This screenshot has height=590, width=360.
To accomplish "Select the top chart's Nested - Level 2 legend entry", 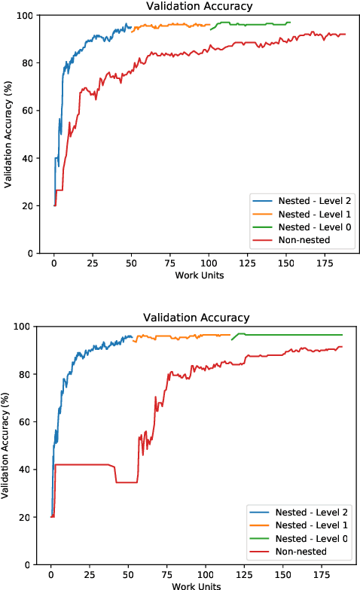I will (x=298, y=200).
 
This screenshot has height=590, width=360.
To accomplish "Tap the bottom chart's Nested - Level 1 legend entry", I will (x=295, y=525).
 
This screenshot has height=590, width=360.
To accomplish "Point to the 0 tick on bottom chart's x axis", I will (x=50, y=575).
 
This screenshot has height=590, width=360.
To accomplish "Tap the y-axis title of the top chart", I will (x=7, y=135).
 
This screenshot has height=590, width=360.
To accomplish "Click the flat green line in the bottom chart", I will (x=301, y=335).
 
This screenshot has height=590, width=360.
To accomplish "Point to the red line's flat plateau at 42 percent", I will (x=83, y=464).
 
